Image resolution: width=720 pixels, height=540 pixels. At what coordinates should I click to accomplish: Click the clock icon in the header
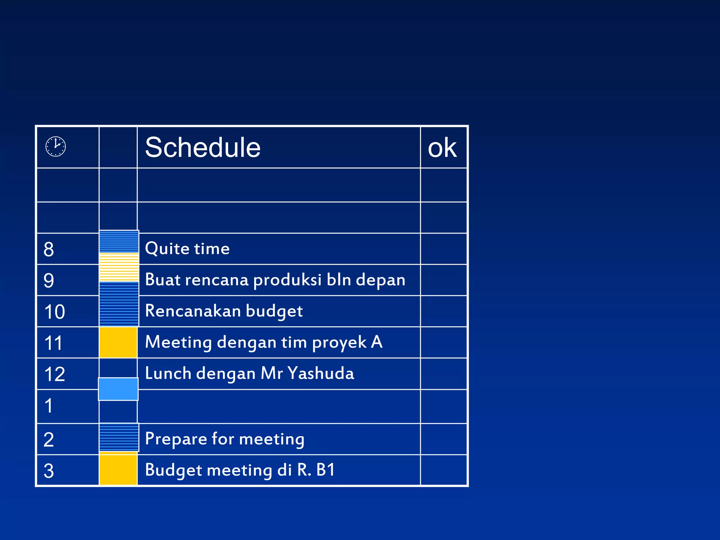pyautogui.click(x=56, y=146)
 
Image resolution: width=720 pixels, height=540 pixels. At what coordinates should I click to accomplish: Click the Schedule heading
pyautogui.click(x=202, y=147)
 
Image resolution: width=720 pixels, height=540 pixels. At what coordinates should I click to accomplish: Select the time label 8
pyautogui.click(x=49, y=250)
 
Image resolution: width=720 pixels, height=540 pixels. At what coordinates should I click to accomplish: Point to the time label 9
pyautogui.click(x=49, y=281)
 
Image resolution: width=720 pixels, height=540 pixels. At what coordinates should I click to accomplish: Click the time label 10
pyautogui.click(x=54, y=312)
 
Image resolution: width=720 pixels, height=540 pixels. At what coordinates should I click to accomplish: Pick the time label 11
pyautogui.click(x=53, y=343)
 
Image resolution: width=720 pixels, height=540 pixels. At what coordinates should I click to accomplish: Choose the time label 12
pyautogui.click(x=54, y=374)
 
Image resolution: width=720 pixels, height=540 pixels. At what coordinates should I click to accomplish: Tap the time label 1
pyautogui.click(x=49, y=406)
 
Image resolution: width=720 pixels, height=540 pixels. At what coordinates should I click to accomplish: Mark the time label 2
pyautogui.click(x=49, y=440)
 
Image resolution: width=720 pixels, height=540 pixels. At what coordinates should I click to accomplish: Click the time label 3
pyautogui.click(x=49, y=471)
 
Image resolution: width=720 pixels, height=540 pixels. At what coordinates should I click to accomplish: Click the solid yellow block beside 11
pyautogui.click(x=118, y=342)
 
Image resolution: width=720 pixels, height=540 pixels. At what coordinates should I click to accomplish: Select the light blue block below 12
pyautogui.click(x=118, y=389)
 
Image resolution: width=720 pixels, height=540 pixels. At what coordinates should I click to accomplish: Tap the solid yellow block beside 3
pyautogui.click(x=118, y=469)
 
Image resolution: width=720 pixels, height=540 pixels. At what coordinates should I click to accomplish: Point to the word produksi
pyautogui.click(x=287, y=280)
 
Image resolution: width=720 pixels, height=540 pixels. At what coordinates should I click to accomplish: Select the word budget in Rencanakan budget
pyautogui.click(x=274, y=311)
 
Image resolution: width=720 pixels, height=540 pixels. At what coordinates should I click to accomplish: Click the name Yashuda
pyautogui.click(x=321, y=373)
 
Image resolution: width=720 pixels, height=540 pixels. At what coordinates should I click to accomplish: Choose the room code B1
pyautogui.click(x=326, y=470)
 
